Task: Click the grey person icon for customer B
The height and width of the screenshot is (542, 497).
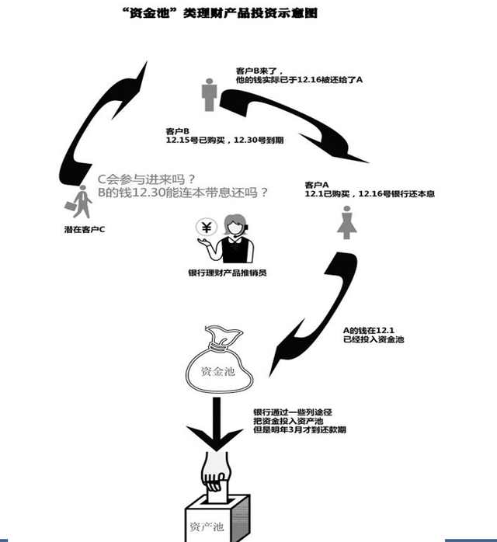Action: [208, 94]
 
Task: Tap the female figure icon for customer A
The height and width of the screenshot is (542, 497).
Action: [345, 222]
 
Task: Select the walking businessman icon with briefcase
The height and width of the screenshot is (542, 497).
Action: [80, 203]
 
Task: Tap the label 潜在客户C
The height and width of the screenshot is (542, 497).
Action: [85, 231]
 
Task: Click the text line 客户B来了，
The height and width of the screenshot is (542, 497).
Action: [265, 70]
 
